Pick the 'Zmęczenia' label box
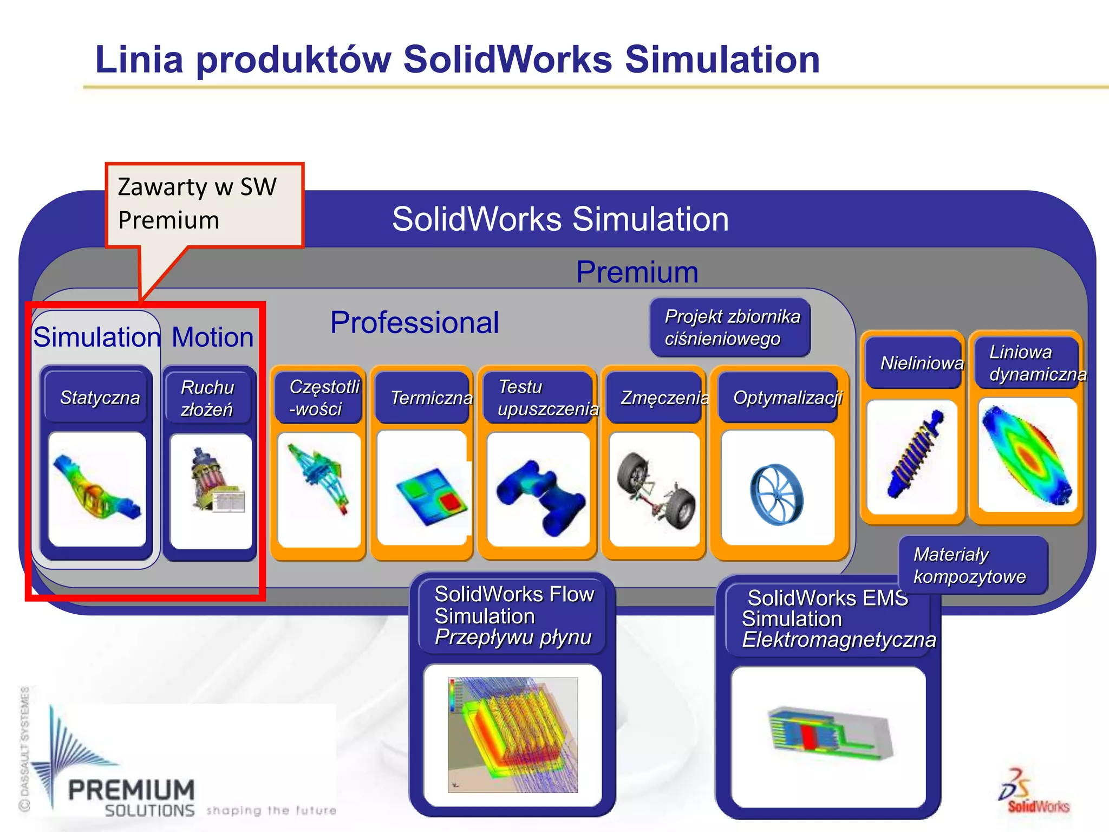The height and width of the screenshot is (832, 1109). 655,398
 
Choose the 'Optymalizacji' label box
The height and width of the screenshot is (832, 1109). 779,398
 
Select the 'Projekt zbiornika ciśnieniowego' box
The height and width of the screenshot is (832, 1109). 730,327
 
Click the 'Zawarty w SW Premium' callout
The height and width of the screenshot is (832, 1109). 204,204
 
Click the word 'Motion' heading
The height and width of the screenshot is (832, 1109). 212,337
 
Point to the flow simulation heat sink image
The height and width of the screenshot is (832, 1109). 512,734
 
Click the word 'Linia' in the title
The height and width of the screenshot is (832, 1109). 139,59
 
